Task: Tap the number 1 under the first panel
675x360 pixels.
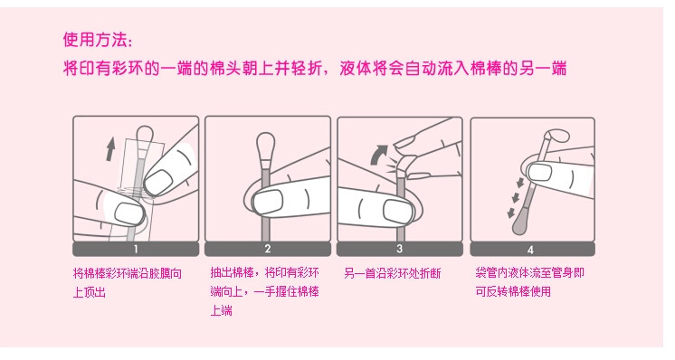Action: [x=136, y=249]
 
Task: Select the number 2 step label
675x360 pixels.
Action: [x=268, y=249]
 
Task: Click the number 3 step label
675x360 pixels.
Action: [x=400, y=249]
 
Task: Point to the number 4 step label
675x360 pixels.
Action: [x=531, y=250]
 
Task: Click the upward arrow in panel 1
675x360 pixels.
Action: [x=110, y=149]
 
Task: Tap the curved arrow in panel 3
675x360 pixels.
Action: [x=379, y=155]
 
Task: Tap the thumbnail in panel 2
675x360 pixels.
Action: [x=268, y=203]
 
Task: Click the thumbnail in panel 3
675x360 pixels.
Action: [x=400, y=211]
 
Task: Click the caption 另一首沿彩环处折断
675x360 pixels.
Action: [x=392, y=273]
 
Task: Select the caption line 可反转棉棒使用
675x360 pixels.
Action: [x=513, y=291]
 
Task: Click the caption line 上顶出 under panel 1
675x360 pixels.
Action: [x=89, y=292]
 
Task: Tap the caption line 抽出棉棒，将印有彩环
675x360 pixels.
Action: [x=265, y=272]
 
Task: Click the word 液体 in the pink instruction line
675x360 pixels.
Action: [x=356, y=68]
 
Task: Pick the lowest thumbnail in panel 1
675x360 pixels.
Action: [x=129, y=213]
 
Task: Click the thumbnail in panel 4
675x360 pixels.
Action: [x=539, y=172]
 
